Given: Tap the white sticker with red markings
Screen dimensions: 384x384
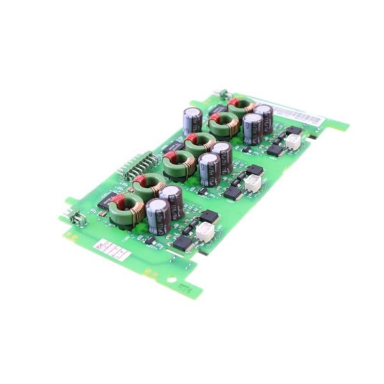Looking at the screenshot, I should tap(108, 248).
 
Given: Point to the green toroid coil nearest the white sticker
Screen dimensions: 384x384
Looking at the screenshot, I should tap(125, 210).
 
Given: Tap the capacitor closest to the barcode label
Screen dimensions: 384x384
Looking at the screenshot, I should tap(262, 118).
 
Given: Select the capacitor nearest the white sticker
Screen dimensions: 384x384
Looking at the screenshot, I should tap(157, 216).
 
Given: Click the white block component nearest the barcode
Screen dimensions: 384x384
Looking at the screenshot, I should tap(293, 142).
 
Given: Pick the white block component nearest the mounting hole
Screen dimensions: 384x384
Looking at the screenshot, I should tap(204, 232).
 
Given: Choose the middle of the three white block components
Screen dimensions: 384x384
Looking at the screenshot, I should tap(253, 183).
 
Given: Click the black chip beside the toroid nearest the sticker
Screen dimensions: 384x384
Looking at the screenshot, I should tap(106, 200).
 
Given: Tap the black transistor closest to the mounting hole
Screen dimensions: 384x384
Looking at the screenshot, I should tap(183, 243).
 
